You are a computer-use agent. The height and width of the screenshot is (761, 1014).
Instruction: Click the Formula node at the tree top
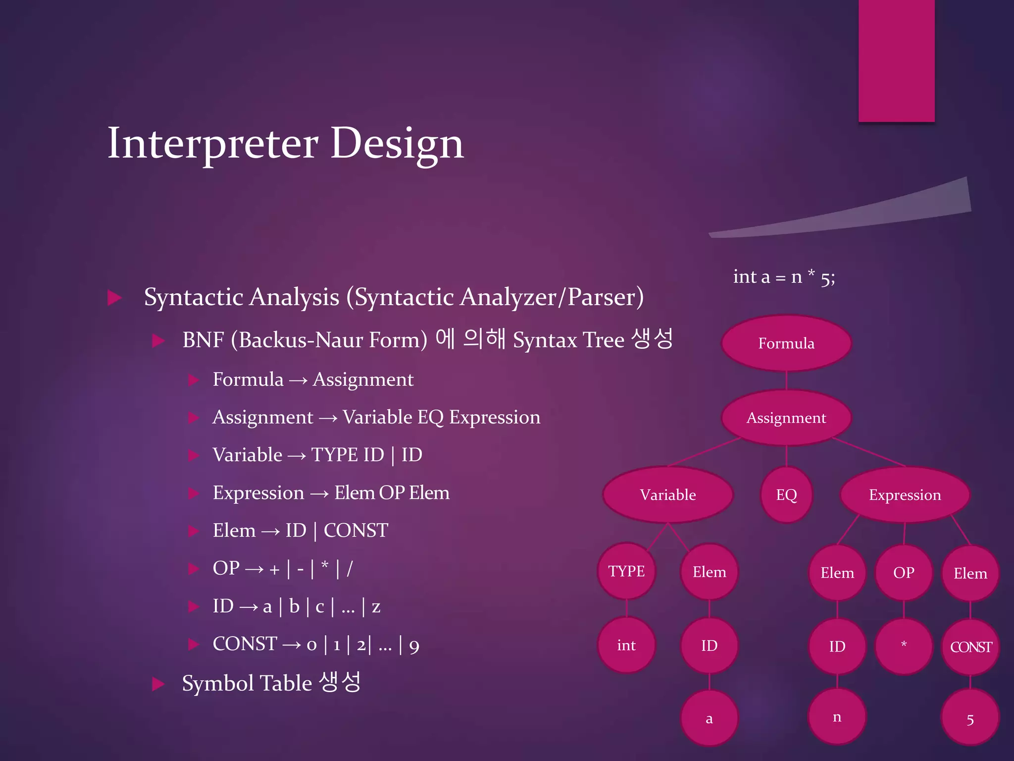tap(786, 343)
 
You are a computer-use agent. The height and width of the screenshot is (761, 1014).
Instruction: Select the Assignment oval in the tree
tap(786, 418)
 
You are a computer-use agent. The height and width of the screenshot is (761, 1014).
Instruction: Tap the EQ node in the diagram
tap(786, 494)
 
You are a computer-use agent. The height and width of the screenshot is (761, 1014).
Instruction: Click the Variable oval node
tap(667, 494)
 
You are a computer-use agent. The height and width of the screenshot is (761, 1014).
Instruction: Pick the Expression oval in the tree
tap(905, 494)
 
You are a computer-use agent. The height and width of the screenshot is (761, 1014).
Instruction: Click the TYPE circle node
tap(626, 571)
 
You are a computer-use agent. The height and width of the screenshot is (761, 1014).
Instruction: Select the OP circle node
tap(904, 572)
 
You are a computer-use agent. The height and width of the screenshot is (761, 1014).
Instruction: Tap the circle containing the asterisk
tap(904, 646)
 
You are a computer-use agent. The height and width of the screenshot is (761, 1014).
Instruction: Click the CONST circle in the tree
tap(970, 647)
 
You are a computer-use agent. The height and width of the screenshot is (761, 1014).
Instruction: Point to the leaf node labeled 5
tap(970, 719)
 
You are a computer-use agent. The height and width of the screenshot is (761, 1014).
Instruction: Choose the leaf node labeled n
tap(837, 717)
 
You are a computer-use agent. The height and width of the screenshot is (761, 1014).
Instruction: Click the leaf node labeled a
tap(709, 718)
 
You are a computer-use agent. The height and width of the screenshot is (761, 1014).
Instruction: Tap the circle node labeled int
tap(626, 645)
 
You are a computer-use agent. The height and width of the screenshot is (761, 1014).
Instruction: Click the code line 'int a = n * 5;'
tap(784, 277)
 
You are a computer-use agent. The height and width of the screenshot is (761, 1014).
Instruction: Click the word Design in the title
tap(397, 144)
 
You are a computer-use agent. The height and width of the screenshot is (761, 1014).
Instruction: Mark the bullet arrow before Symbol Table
tap(158, 684)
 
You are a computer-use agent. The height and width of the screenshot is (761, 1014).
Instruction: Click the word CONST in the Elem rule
tap(355, 531)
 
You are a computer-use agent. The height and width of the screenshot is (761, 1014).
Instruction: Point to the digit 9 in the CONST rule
tap(414, 646)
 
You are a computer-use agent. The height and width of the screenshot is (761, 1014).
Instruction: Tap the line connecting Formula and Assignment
tap(786, 380)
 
